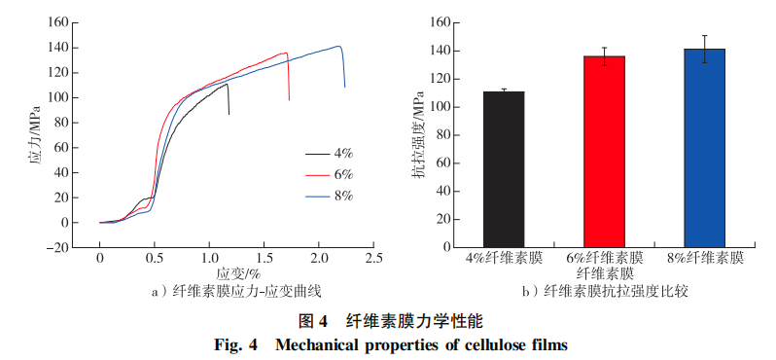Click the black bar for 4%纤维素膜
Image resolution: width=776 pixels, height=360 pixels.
tap(504, 167)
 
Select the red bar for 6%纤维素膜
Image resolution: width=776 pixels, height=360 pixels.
tap(604, 150)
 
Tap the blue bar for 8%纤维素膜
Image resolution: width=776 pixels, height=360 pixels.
tap(704, 147)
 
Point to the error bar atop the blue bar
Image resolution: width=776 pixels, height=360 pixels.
tap(704, 49)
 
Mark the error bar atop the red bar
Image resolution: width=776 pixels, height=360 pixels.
tap(604, 56)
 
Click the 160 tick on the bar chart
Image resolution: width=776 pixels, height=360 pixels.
tap(436, 22)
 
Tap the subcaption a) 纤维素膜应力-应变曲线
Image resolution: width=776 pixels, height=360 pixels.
tap(237, 291)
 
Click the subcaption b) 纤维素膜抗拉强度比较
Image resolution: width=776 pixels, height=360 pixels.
tap(604, 291)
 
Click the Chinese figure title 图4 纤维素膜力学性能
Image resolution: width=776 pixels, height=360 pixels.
tap(389, 320)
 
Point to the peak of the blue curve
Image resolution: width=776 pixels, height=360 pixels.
tap(337, 46)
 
